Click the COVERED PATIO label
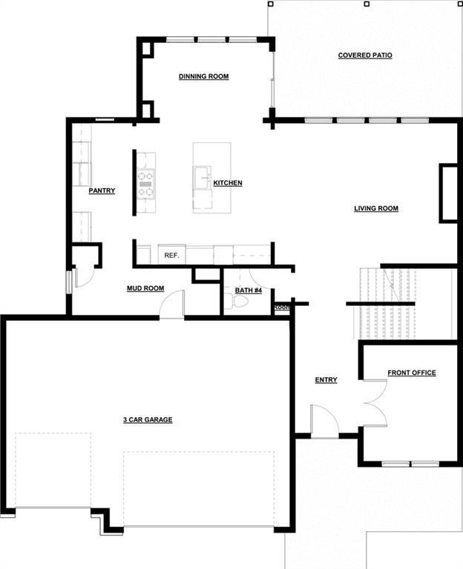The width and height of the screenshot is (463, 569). (365, 56)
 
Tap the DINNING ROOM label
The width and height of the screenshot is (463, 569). (203, 76)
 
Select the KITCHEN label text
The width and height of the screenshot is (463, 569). (228, 183)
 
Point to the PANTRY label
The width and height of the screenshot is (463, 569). (102, 191)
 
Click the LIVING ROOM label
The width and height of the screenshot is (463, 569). (376, 209)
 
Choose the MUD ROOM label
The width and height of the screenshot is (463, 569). (145, 288)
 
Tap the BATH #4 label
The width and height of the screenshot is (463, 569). (249, 290)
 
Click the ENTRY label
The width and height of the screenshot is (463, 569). (326, 380)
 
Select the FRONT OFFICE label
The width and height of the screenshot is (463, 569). (411, 373)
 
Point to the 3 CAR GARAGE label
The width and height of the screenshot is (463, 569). (148, 420)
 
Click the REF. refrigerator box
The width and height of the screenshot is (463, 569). (172, 255)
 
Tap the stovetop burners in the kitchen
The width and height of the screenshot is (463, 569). (145, 184)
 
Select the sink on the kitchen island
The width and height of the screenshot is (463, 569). (203, 178)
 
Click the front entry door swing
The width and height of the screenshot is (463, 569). (324, 421)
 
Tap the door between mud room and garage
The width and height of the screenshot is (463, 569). (172, 305)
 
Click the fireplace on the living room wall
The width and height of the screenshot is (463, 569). (448, 193)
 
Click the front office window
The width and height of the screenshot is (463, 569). (410, 464)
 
